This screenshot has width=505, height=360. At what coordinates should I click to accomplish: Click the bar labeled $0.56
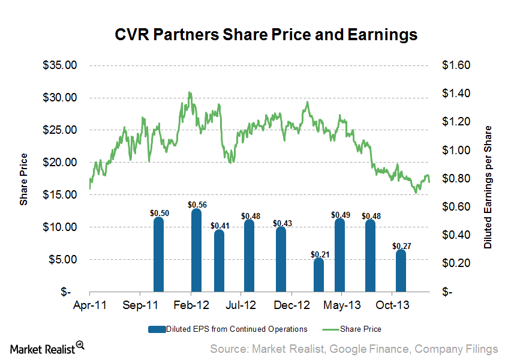[x=196, y=250]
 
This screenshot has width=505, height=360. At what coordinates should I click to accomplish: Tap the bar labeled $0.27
[x=401, y=271]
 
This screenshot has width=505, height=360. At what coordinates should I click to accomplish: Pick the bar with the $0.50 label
[x=158, y=254]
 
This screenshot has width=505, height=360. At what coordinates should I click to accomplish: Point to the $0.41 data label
[x=219, y=225]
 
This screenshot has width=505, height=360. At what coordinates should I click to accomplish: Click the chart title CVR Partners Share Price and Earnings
[x=266, y=35]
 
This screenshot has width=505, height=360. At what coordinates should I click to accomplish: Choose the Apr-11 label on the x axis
[x=89, y=305]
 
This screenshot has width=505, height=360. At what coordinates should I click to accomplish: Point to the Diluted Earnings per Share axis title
[x=488, y=187]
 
